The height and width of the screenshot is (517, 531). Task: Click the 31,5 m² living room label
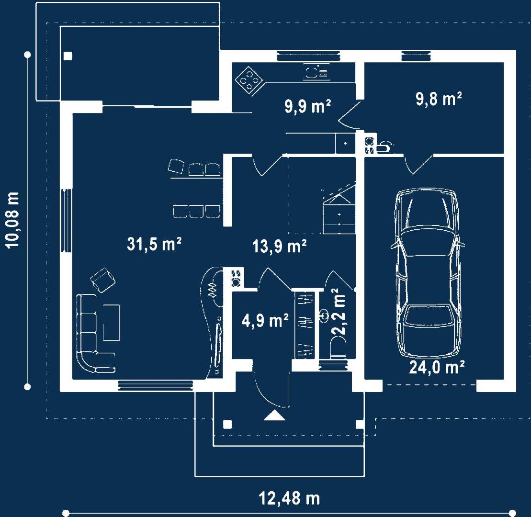154,244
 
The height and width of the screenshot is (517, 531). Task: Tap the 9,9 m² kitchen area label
307,106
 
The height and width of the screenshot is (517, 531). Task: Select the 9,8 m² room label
439,99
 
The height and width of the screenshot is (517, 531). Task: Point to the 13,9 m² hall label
279,246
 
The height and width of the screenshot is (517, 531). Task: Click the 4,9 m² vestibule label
265,320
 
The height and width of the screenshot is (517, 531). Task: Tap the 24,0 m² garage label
437,367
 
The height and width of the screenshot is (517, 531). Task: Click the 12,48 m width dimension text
289,498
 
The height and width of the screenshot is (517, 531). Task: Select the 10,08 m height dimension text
12,220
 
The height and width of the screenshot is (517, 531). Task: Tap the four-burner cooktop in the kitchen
249,80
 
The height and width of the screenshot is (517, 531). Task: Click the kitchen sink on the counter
316,72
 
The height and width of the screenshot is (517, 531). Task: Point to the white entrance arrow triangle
274,416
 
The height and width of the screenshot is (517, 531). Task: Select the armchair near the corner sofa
102,280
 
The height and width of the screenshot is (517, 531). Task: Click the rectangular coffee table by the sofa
111,322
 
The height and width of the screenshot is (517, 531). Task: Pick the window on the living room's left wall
66,220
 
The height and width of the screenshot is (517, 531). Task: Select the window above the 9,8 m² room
416,56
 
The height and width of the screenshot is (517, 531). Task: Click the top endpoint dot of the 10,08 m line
28,55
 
